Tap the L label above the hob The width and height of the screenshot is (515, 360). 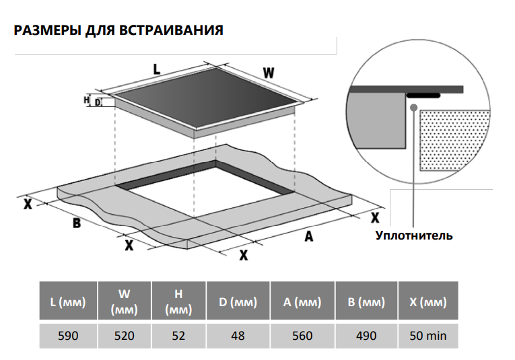(x=156, y=69)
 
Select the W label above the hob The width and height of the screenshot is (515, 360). (x=268, y=73)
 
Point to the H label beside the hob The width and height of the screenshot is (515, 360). (x=87, y=100)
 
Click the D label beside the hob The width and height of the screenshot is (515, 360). (x=97, y=102)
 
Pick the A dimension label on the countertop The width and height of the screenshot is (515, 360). (x=309, y=236)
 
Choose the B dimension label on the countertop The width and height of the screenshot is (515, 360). (x=77, y=223)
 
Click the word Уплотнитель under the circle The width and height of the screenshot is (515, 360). (x=413, y=236)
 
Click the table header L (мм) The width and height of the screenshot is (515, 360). (x=68, y=303)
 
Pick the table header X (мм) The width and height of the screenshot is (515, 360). (x=428, y=303)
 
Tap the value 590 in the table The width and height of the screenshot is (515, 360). (x=68, y=335)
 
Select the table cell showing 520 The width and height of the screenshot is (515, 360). (x=125, y=335)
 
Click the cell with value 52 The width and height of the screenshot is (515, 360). (x=178, y=335)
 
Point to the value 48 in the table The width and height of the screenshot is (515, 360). (x=237, y=335)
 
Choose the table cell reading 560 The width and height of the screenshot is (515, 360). (x=302, y=335)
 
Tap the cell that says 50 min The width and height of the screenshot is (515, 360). (x=428, y=335)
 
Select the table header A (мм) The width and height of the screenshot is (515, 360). (x=302, y=303)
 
